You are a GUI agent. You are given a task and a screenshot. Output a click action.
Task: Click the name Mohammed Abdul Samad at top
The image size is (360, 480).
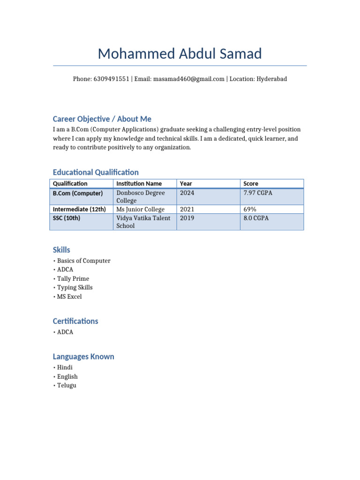(x=180, y=54)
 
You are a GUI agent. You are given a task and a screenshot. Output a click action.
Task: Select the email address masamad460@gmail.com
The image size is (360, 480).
(x=188, y=79)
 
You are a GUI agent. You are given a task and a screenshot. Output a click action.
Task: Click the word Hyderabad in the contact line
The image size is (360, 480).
(x=271, y=79)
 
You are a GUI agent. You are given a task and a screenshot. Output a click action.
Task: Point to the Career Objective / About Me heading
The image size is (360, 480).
(x=102, y=119)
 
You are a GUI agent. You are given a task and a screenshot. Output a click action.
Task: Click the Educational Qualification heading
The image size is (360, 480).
(x=96, y=172)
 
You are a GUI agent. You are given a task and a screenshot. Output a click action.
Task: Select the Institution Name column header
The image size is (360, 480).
(x=139, y=184)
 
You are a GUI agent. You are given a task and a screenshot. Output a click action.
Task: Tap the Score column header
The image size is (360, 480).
(x=251, y=184)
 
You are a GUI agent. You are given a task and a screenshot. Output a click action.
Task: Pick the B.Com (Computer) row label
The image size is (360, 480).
(x=78, y=193)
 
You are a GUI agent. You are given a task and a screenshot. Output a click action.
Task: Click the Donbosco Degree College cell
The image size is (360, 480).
(x=140, y=197)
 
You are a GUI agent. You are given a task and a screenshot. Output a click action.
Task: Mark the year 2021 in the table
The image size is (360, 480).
(x=187, y=209)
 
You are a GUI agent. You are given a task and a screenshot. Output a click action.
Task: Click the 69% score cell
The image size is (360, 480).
(x=250, y=209)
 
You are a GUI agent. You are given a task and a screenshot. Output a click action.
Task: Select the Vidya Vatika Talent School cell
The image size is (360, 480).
(x=143, y=222)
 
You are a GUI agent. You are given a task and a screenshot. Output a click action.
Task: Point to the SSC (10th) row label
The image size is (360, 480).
(x=67, y=218)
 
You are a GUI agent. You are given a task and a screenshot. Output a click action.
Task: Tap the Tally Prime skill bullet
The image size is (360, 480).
(x=73, y=279)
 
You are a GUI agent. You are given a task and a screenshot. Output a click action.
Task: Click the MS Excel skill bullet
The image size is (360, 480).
(x=69, y=297)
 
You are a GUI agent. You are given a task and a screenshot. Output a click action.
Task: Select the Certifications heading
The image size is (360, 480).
(x=75, y=322)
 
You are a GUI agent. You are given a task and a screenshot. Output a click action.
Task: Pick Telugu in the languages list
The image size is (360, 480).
(x=67, y=385)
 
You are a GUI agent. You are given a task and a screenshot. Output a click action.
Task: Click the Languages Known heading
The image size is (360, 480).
(x=83, y=357)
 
